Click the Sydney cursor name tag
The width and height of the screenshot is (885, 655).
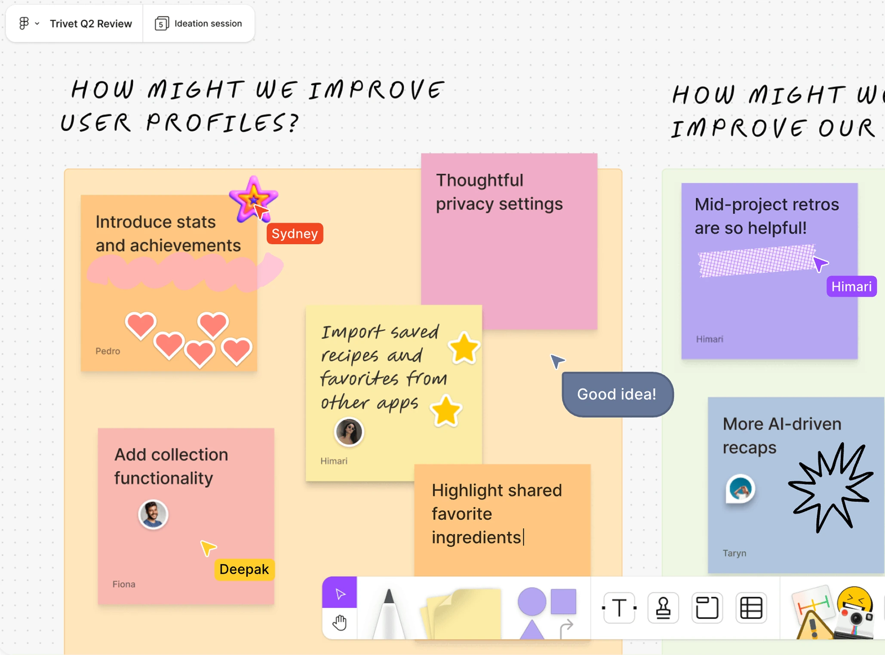[x=295, y=233]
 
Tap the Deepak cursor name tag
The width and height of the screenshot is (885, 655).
[x=244, y=569]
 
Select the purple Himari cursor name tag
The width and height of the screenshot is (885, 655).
[x=851, y=286]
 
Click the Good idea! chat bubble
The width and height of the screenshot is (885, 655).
[x=617, y=394]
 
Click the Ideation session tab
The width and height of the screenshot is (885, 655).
[x=199, y=24]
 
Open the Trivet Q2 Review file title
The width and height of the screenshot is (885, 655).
[x=91, y=24]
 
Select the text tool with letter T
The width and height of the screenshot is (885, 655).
[x=619, y=608]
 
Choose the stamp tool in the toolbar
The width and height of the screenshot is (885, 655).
[x=663, y=608]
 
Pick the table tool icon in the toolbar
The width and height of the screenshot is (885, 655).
[x=751, y=608]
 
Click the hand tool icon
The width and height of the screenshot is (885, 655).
[x=340, y=623]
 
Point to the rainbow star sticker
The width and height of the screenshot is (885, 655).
[x=253, y=199]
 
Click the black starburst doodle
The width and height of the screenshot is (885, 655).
[x=830, y=488]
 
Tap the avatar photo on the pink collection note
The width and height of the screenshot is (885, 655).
[x=153, y=514]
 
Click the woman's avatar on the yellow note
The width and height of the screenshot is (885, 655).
[x=349, y=432]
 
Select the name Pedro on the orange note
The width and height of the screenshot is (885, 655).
[x=108, y=351]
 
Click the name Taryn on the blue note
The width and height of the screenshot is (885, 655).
[x=734, y=553]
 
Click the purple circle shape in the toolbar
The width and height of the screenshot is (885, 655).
[x=532, y=601]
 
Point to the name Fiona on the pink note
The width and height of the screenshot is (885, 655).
[x=124, y=584]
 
